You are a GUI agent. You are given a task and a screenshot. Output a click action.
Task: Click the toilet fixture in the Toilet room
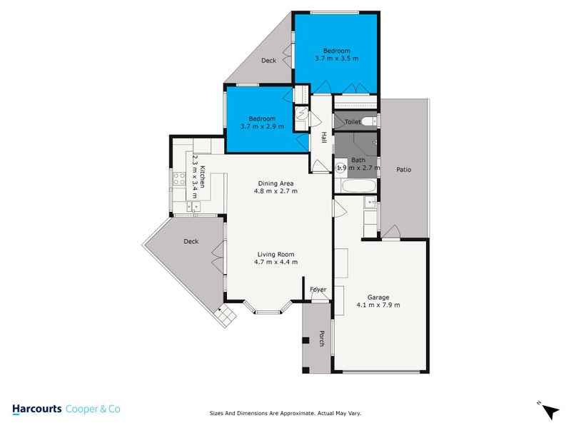[x=368, y=122]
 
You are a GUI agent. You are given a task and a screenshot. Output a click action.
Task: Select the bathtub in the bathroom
[x=354, y=187]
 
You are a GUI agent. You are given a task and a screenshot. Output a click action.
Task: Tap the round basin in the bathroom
[x=340, y=168]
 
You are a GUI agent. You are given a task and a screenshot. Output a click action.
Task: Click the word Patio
[x=404, y=170]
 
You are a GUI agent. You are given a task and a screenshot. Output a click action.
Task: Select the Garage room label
[x=378, y=297]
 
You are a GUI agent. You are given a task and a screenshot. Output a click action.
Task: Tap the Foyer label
[x=318, y=289]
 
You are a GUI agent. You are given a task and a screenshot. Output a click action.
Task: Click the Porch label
[x=322, y=340]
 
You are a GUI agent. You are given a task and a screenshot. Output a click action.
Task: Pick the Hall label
[x=323, y=138]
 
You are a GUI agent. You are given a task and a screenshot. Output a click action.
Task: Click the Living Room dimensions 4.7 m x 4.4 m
[x=276, y=262]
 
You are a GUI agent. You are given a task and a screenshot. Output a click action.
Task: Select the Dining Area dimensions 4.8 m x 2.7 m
[x=278, y=191]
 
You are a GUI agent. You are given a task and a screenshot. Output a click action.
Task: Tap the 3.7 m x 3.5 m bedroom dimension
[x=336, y=58]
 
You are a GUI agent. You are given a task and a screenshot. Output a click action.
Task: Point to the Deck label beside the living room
[x=191, y=241]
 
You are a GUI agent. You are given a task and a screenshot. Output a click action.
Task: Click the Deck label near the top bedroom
[x=268, y=61]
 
